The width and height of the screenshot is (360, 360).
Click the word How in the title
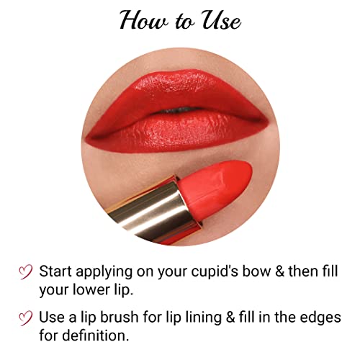point(143,20)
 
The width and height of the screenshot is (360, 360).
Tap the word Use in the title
point(221,20)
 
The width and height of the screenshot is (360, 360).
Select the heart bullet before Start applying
point(25,272)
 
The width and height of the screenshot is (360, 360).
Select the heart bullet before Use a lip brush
point(25,318)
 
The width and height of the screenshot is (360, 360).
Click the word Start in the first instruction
point(55,271)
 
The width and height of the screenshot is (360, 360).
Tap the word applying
point(104,272)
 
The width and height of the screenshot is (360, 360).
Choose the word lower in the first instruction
point(91,289)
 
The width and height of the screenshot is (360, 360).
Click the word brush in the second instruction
point(120,317)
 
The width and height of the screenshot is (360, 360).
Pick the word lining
point(203,318)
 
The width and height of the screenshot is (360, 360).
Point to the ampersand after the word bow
point(279,271)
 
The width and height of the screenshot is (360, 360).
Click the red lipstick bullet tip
point(215,186)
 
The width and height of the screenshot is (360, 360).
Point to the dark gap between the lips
point(179,110)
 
